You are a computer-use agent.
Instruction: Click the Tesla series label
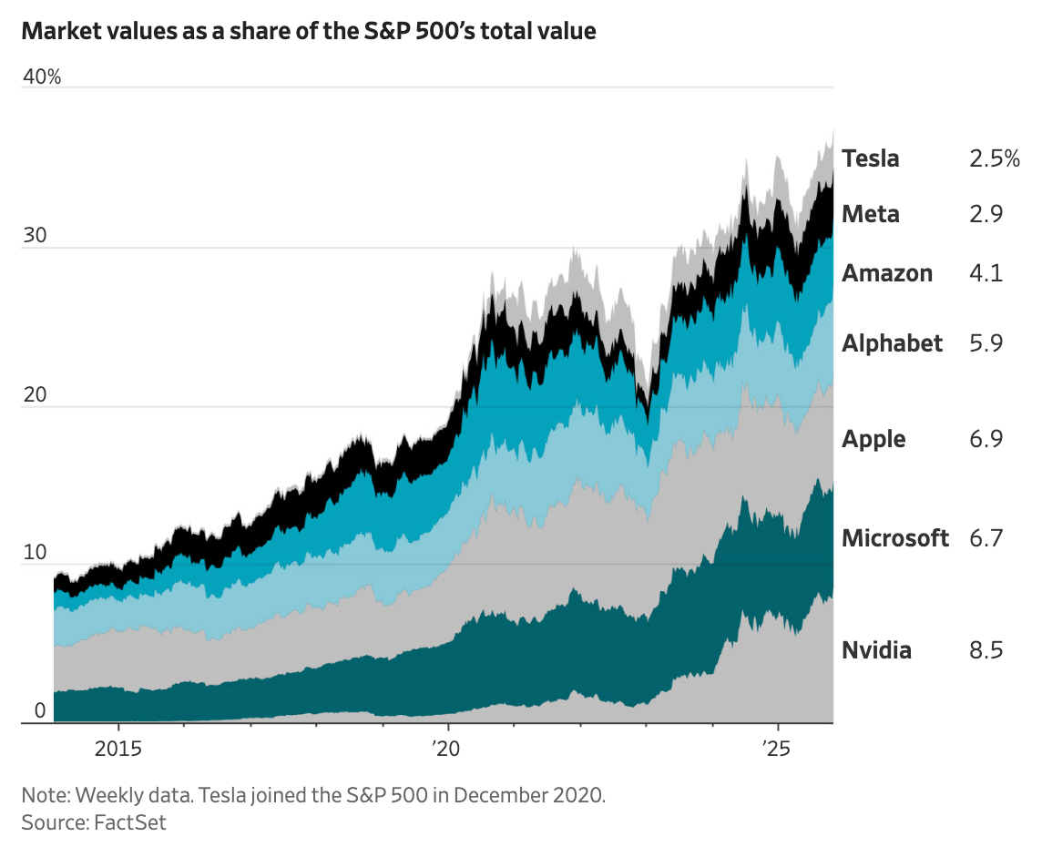click(870, 158)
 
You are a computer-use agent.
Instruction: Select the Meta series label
click(870, 214)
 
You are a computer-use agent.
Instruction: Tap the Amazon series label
click(886, 273)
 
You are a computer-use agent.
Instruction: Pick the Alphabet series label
click(892, 343)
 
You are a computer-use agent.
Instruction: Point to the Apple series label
click(873, 439)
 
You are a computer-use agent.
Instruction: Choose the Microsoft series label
click(894, 537)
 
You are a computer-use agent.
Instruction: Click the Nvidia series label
click(876, 650)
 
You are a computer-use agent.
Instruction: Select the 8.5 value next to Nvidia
click(986, 650)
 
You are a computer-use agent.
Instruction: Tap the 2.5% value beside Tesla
click(994, 158)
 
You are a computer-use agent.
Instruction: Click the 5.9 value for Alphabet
click(986, 343)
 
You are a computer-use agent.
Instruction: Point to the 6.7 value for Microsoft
click(986, 537)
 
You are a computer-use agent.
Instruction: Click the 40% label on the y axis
click(42, 77)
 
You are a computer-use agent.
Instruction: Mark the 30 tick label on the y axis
click(34, 234)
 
